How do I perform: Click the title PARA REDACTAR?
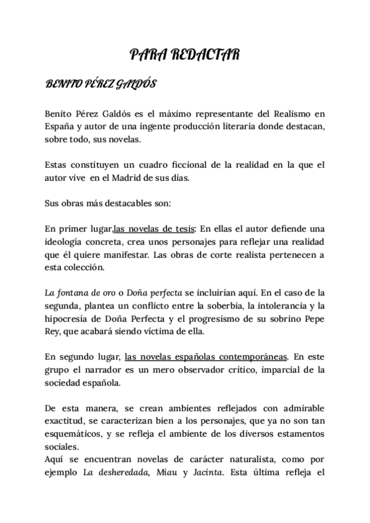pyautogui.click(x=184, y=56)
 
